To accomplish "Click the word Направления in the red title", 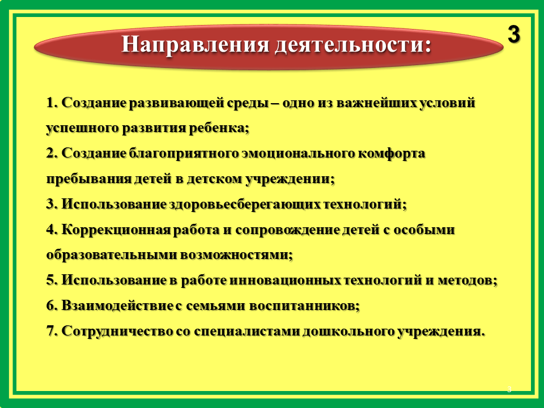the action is pos(195,44).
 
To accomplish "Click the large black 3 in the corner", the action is pos(514,35).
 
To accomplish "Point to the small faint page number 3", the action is pos(509,389).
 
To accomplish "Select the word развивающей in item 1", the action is pos(177,103).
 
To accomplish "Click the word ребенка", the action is pos(217,128).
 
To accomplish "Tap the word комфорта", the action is pos(392,154).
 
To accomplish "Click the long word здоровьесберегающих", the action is pos(245,204).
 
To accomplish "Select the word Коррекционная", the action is pos(116,229).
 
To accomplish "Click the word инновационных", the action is pos(285,280).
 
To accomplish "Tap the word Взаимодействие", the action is pos(117,305).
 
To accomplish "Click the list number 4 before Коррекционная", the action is pos(50,229).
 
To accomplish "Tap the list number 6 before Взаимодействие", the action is pos(50,305).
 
